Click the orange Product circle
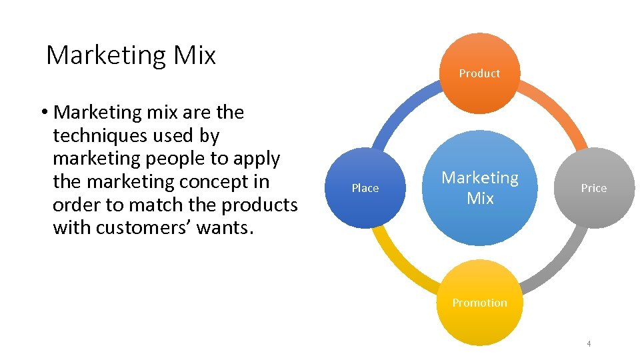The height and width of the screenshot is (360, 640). coord(480,73)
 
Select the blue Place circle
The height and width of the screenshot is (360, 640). coord(365,188)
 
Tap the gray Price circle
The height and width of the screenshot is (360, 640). coord(593,188)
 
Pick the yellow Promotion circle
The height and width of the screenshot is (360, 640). coord(480,303)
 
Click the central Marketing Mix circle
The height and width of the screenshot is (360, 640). coord(480,188)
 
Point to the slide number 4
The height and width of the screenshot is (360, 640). coord(589,344)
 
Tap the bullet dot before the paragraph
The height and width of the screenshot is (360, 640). coord(42,113)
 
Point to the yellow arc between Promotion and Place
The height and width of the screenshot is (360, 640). coord(400,267)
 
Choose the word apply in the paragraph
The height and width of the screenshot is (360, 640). coord(257,159)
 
